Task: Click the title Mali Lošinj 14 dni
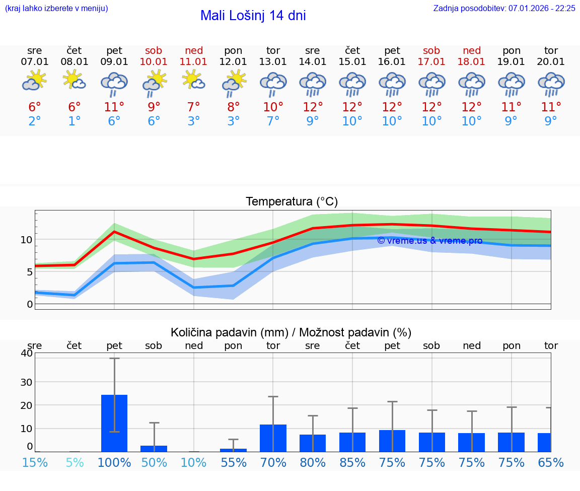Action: tap(253, 16)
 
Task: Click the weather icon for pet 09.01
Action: tap(114, 84)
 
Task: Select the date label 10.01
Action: tap(154, 62)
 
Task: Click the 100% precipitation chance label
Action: tap(114, 462)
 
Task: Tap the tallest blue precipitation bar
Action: tap(114, 423)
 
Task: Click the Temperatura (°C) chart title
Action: tap(292, 201)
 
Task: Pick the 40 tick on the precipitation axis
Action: tap(26, 353)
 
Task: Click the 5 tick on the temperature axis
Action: tap(29, 272)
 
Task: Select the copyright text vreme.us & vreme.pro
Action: tap(429, 241)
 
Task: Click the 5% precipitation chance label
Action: tap(75, 462)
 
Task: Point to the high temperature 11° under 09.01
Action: tap(114, 107)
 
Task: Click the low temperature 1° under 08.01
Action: tap(75, 121)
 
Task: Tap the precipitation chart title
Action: tap(291, 332)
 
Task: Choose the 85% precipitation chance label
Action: tap(352, 462)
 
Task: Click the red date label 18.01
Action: tap(472, 62)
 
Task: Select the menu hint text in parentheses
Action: tap(56, 9)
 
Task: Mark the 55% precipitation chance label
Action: tap(233, 462)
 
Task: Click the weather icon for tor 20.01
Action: tap(551, 84)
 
